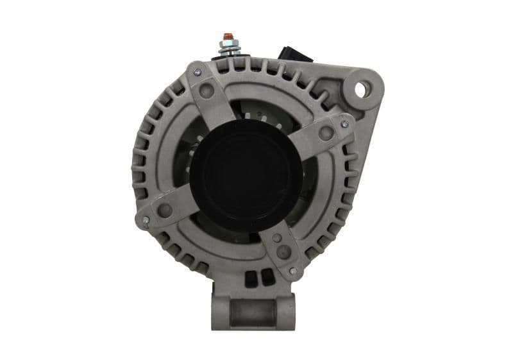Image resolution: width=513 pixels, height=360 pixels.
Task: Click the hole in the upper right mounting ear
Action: coord(360,90)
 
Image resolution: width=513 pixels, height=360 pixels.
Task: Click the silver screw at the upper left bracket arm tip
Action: coord(198,72)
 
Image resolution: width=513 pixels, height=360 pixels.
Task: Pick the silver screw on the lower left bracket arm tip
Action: coord(146,220)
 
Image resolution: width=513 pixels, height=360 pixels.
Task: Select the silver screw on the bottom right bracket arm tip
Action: coord(292,271)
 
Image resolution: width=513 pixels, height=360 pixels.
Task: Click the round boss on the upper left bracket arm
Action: coord(206,90)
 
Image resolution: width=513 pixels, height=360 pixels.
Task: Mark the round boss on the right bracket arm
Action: coord(326,133)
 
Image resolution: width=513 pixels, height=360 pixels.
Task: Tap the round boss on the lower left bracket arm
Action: coord(164,210)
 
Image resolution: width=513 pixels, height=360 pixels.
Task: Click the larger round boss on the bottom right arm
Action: coord(283,251)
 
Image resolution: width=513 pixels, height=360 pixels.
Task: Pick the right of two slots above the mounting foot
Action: coord(261,278)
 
